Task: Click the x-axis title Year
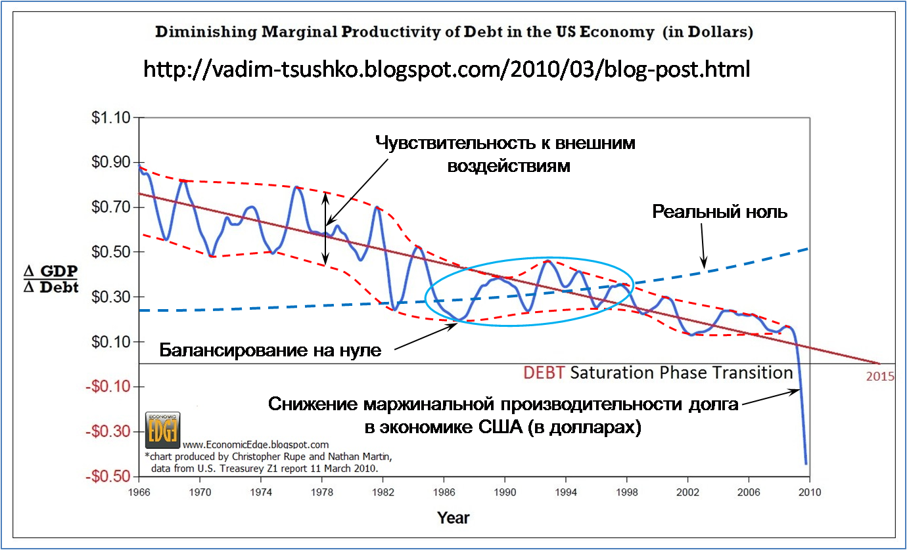click(454, 518)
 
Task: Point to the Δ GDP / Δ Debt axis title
click(51, 280)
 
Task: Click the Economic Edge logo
click(162, 430)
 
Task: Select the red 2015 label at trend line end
click(879, 377)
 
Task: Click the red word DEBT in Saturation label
click(544, 373)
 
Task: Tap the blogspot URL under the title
click(446, 68)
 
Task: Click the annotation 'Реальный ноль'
click(720, 212)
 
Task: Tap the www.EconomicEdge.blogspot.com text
click(256, 444)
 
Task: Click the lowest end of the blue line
click(806, 463)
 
